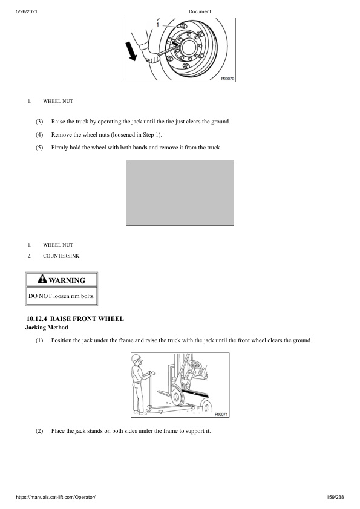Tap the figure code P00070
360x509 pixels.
tap(227, 79)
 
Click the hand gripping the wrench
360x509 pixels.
tap(152, 58)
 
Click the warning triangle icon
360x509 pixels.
tap(42, 279)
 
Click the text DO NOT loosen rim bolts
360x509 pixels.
tap(61, 296)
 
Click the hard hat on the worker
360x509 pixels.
tap(137, 358)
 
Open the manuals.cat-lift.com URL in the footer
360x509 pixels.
tap(56, 497)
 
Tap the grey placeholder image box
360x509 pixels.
tap(180, 193)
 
